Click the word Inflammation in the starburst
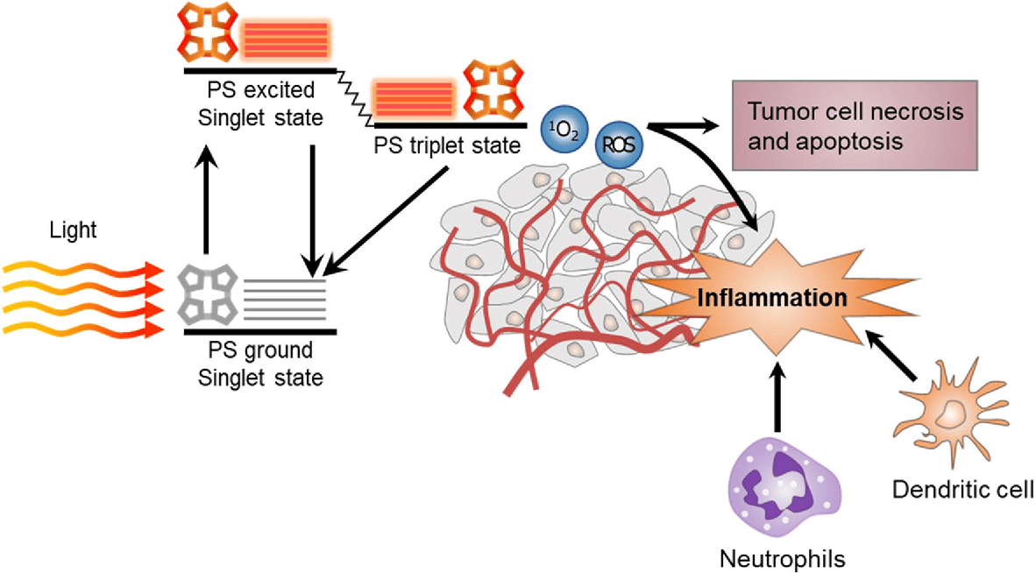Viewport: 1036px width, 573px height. (772, 297)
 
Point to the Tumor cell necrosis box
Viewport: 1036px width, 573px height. (854, 126)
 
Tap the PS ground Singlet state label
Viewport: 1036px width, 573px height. (260, 364)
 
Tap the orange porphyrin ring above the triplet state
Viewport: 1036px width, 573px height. (487, 92)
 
